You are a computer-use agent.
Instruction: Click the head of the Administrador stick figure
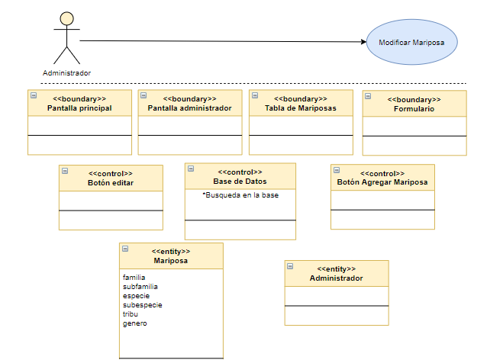[x=66, y=18]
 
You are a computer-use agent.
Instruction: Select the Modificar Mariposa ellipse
[x=412, y=42]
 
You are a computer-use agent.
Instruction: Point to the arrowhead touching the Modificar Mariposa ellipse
[x=363, y=42]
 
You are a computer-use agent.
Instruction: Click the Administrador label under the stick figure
[x=66, y=73]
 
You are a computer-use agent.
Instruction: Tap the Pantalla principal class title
[x=79, y=108]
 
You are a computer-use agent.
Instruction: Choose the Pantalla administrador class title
[x=189, y=108]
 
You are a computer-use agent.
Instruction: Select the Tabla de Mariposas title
[x=301, y=108]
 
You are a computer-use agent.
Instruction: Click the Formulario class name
[x=414, y=109]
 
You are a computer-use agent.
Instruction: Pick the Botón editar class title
[x=111, y=183]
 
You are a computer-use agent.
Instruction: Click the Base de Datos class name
[x=240, y=182]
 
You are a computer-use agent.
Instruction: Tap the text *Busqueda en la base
[x=240, y=195]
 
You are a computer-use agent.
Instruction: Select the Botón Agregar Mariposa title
[x=382, y=182]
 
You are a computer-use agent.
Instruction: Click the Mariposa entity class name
[x=171, y=261]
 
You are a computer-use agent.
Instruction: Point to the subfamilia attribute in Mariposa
[x=140, y=287]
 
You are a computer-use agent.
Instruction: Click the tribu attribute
[x=131, y=314]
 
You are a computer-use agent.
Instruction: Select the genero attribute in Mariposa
[x=135, y=323]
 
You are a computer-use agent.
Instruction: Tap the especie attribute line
[x=136, y=296]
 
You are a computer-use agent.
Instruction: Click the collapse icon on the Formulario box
[x=368, y=96]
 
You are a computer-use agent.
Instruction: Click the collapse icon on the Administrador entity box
[x=290, y=266]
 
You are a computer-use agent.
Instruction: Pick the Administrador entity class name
[x=336, y=278]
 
